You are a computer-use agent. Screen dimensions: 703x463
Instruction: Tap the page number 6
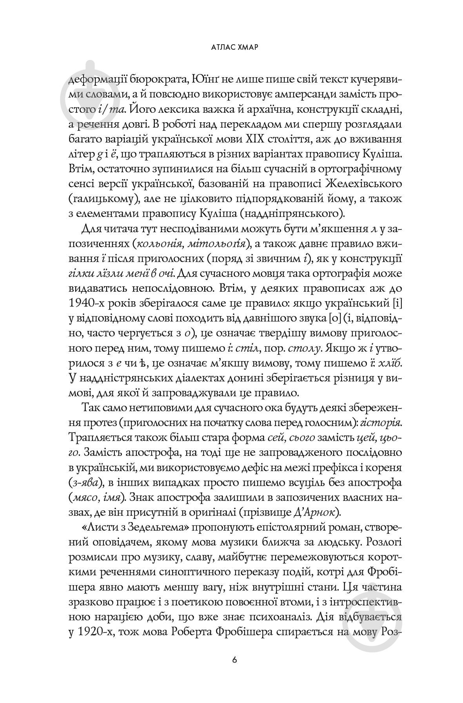point(234,660)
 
